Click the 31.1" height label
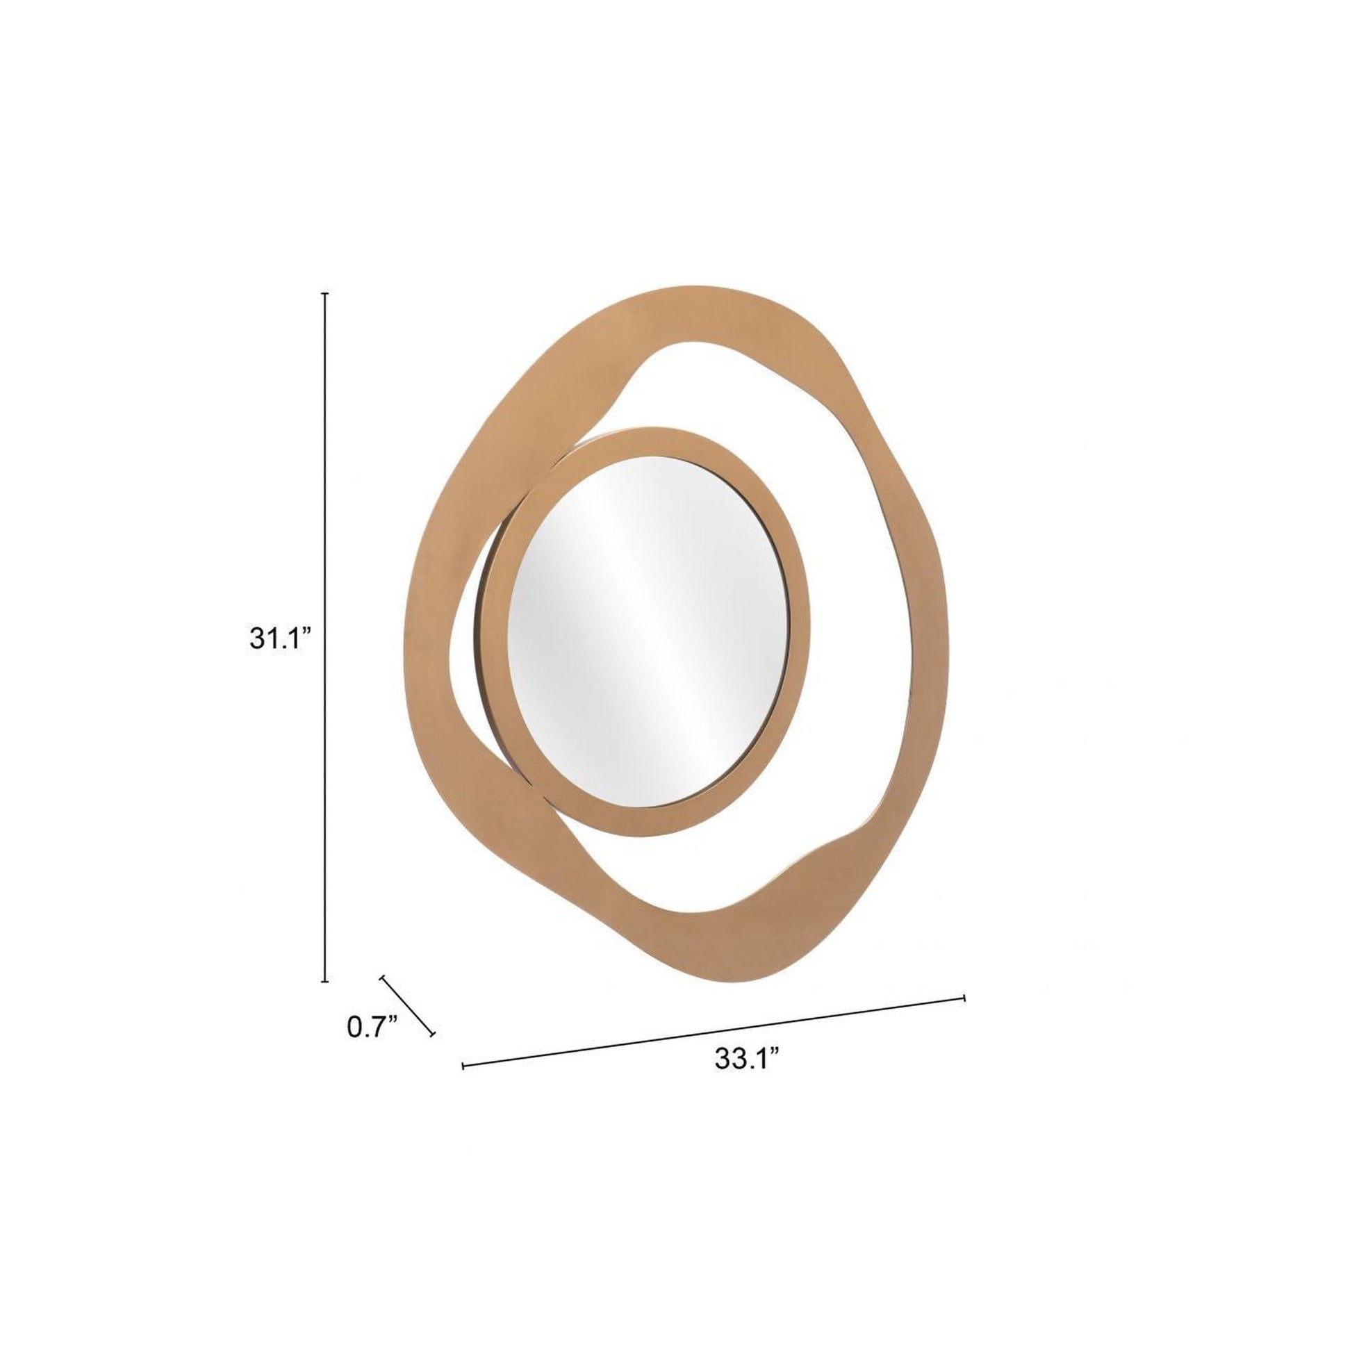280,639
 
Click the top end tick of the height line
325,294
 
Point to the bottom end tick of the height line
325,981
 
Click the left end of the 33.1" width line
464,1066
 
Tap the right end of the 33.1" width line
964,998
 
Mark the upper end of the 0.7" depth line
383,978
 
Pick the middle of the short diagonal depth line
407,1005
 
